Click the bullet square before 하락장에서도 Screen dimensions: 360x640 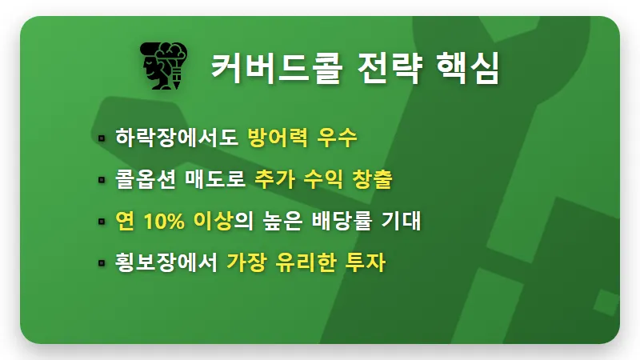[x=102, y=138]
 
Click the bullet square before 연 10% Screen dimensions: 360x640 [x=102, y=222]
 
